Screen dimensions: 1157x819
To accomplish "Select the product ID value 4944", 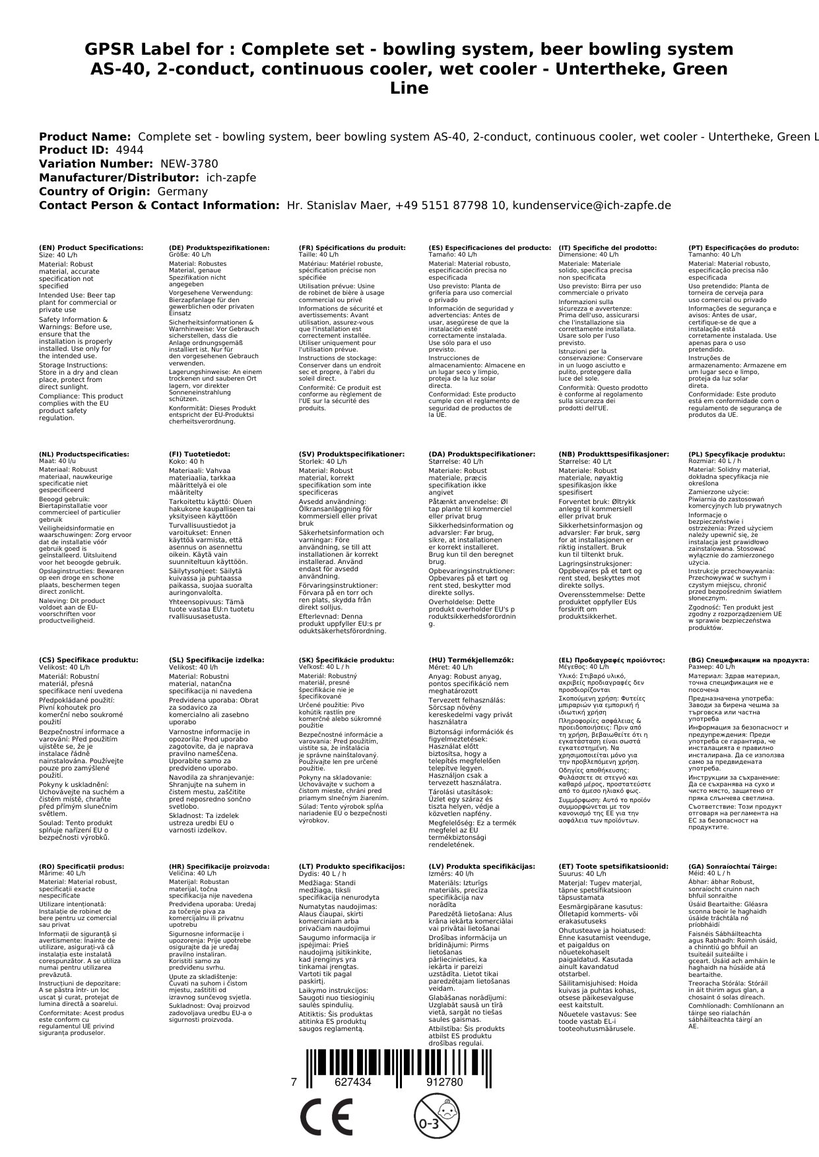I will [129, 150].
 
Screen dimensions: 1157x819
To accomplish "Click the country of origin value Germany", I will [182, 191].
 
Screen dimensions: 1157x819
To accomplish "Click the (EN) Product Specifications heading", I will [91, 248].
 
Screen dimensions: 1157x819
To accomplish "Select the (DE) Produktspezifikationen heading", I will [219, 248].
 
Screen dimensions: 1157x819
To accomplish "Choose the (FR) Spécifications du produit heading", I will [352, 248].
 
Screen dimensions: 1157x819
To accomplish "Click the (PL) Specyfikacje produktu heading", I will [737, 454].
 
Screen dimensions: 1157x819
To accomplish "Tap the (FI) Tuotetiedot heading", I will [199, 454].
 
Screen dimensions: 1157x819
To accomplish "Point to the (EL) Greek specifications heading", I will [612, 660].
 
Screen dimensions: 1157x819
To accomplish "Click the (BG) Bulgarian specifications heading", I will [748, 660].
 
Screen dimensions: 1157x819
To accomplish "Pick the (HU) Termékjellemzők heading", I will [471, 660].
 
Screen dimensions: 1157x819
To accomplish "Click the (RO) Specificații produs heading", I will [81, 866].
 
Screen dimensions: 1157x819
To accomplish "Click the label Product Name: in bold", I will [84, 137].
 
